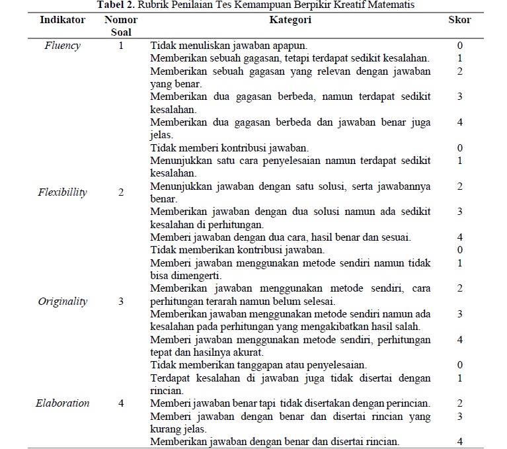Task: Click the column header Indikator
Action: tap(62, 20)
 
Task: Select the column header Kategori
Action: tap(290, 20)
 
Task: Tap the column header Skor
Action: tap(459, 20)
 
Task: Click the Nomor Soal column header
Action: tap(121, 26)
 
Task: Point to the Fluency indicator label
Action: tap(62, 46)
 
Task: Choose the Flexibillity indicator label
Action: tap(62, 192)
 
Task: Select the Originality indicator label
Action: tap(62, 301)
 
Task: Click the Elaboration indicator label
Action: tap(62, 403)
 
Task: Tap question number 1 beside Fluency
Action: tap(121, 46)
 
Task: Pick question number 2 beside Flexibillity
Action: tap(121, 192)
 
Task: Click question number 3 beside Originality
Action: tap(121, 301)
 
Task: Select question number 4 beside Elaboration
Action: tap(121, 403)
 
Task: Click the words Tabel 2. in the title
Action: tap(115, 5)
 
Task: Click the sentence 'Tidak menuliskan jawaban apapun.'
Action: tap(229, 46)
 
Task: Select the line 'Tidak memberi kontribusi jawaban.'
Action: tap(229, 148)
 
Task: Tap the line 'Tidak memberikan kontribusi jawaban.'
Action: tap(237, 250)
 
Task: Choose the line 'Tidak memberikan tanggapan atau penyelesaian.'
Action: tap(258, 364)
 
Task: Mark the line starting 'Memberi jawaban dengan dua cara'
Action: tap(281, 237)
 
